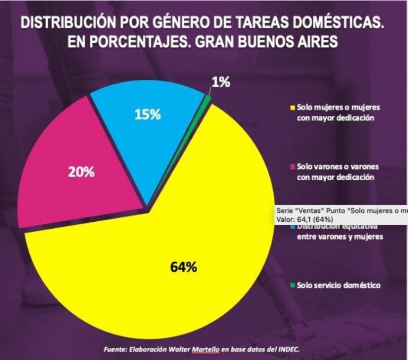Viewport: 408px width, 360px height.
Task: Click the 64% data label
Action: click(184, 267)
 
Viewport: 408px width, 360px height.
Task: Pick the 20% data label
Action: click(81, 172)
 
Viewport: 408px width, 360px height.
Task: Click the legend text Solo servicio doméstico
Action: click(338, 286)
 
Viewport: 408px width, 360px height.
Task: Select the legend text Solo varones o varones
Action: click(338, 167)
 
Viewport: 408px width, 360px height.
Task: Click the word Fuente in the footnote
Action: click(115, 349)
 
